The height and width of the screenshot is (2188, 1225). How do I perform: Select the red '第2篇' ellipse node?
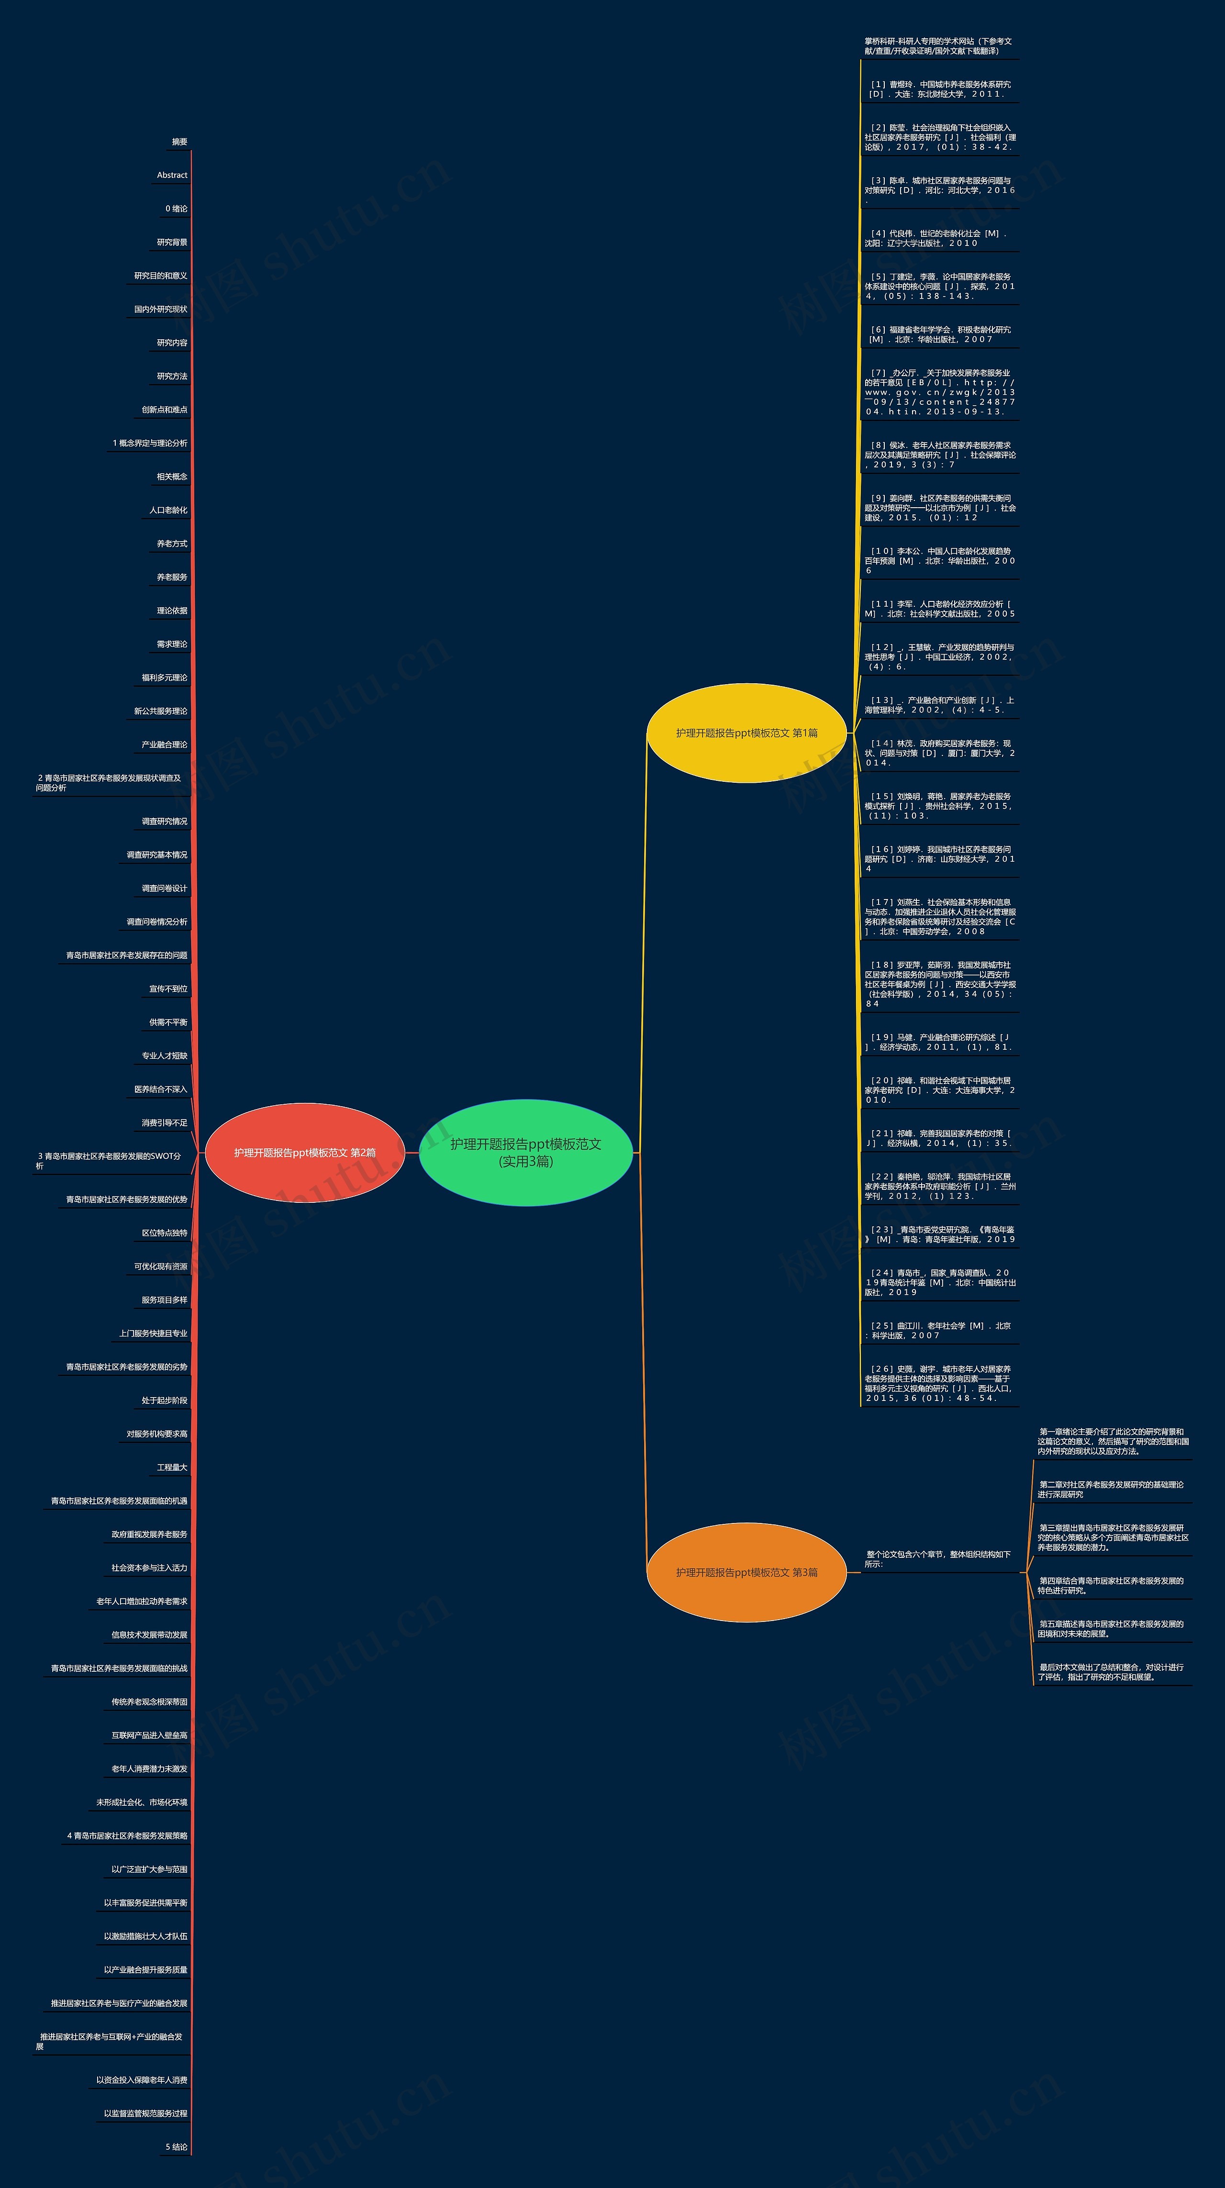(x=304, y=1153)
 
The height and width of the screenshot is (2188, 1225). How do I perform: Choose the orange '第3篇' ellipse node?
(x=746, y=1572)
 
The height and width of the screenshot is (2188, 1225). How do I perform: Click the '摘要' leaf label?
(x=179, y=142)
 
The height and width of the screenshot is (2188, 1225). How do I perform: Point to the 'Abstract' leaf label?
(x=172, y=175)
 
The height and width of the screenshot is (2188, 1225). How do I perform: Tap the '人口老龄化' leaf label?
(x=168, y=511)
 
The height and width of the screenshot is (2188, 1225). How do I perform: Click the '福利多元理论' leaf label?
(x=164, y=678)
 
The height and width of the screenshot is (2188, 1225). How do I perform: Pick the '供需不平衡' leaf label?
(x=168, y=1022)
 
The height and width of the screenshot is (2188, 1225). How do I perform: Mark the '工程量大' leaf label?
(x=172, y=1468)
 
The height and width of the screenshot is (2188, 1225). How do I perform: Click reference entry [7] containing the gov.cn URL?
(x=939, y=391)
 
